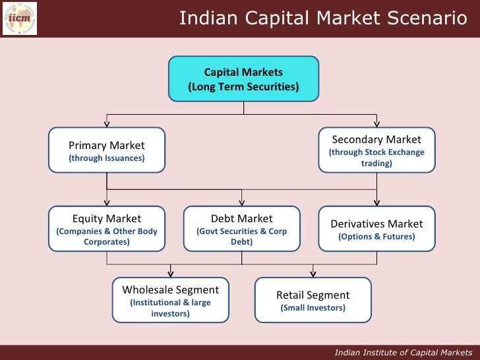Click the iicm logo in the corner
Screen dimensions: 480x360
coord(20,18)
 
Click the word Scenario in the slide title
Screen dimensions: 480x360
coord(427,18)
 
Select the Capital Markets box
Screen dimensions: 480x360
coord(243,79)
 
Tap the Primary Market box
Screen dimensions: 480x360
coord(107,150)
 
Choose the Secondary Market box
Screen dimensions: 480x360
coord(376,150)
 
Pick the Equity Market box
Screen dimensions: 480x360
coord(107,229)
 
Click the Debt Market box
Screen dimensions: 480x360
coord(241,229)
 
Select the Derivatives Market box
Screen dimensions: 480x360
coord(376,229)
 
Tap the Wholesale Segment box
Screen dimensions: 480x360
coord(170,300)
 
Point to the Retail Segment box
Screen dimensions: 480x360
coord(313,300)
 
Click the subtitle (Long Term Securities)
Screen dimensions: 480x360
coord(243,86)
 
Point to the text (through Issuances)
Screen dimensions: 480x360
coord(107,158)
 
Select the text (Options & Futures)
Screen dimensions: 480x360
coord(376,237)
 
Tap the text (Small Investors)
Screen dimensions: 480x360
coord(313,307)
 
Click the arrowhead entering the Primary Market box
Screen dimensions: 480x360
coord(107,124)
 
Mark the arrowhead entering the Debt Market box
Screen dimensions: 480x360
coord(242,202)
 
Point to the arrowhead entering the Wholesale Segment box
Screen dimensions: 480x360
coord(171,274)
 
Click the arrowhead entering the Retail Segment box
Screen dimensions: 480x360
coord(313,274)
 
